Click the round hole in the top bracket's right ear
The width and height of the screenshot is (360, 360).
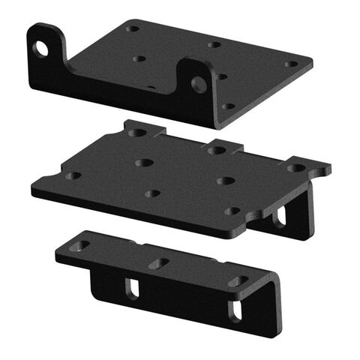click(x=198, y=84)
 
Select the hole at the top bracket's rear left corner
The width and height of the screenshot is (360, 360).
click(x=133, y=29)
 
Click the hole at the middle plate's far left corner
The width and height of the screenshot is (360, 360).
click(x=73, y=175)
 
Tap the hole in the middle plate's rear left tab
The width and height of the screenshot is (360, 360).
click(x=137, y=133)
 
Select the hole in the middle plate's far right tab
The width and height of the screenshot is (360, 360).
click(x=297, y=168)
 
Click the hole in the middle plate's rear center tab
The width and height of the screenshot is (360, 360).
click(x=217, y=150)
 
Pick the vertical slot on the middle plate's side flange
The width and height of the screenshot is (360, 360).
click(x=280, y=216)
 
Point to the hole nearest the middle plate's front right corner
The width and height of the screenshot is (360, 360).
click(x=233, y=211)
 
